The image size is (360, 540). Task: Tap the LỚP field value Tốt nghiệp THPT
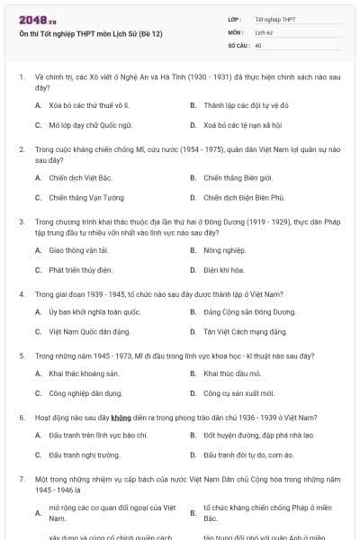pyautogui.click(x=274, y=19)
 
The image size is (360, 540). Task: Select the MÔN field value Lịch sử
pyautogui.click(x=263, y=31)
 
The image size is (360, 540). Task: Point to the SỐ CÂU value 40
pyautogui.click(x=258, y=44)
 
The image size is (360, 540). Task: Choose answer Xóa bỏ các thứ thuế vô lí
pyautogui.click(x=89, y=105)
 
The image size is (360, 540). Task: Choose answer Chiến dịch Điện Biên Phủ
pyautogui.click(x=244, y=197)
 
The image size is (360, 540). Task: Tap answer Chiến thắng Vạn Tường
pyautogui.click(x=86, y=197)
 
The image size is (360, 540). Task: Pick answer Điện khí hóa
pyautogui.click(x=225, y=269)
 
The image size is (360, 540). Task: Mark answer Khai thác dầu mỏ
pyautogui.click(x=235, y=373)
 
